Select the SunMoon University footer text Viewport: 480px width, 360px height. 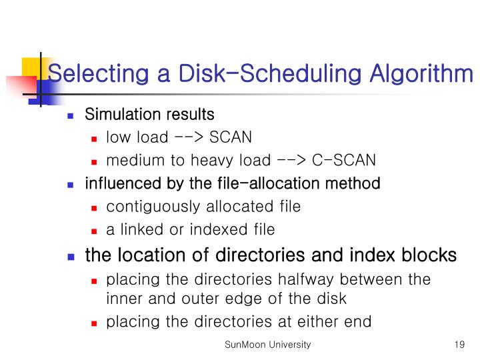point(267,345)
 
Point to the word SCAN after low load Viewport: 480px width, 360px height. point(231,138)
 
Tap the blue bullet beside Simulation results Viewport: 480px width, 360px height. point(72,116)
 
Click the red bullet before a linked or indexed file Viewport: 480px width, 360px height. point(95,231)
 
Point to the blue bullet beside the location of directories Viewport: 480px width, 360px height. point(72,256)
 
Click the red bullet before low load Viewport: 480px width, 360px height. point(95,139)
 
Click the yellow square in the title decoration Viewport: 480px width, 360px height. point(31,67)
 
